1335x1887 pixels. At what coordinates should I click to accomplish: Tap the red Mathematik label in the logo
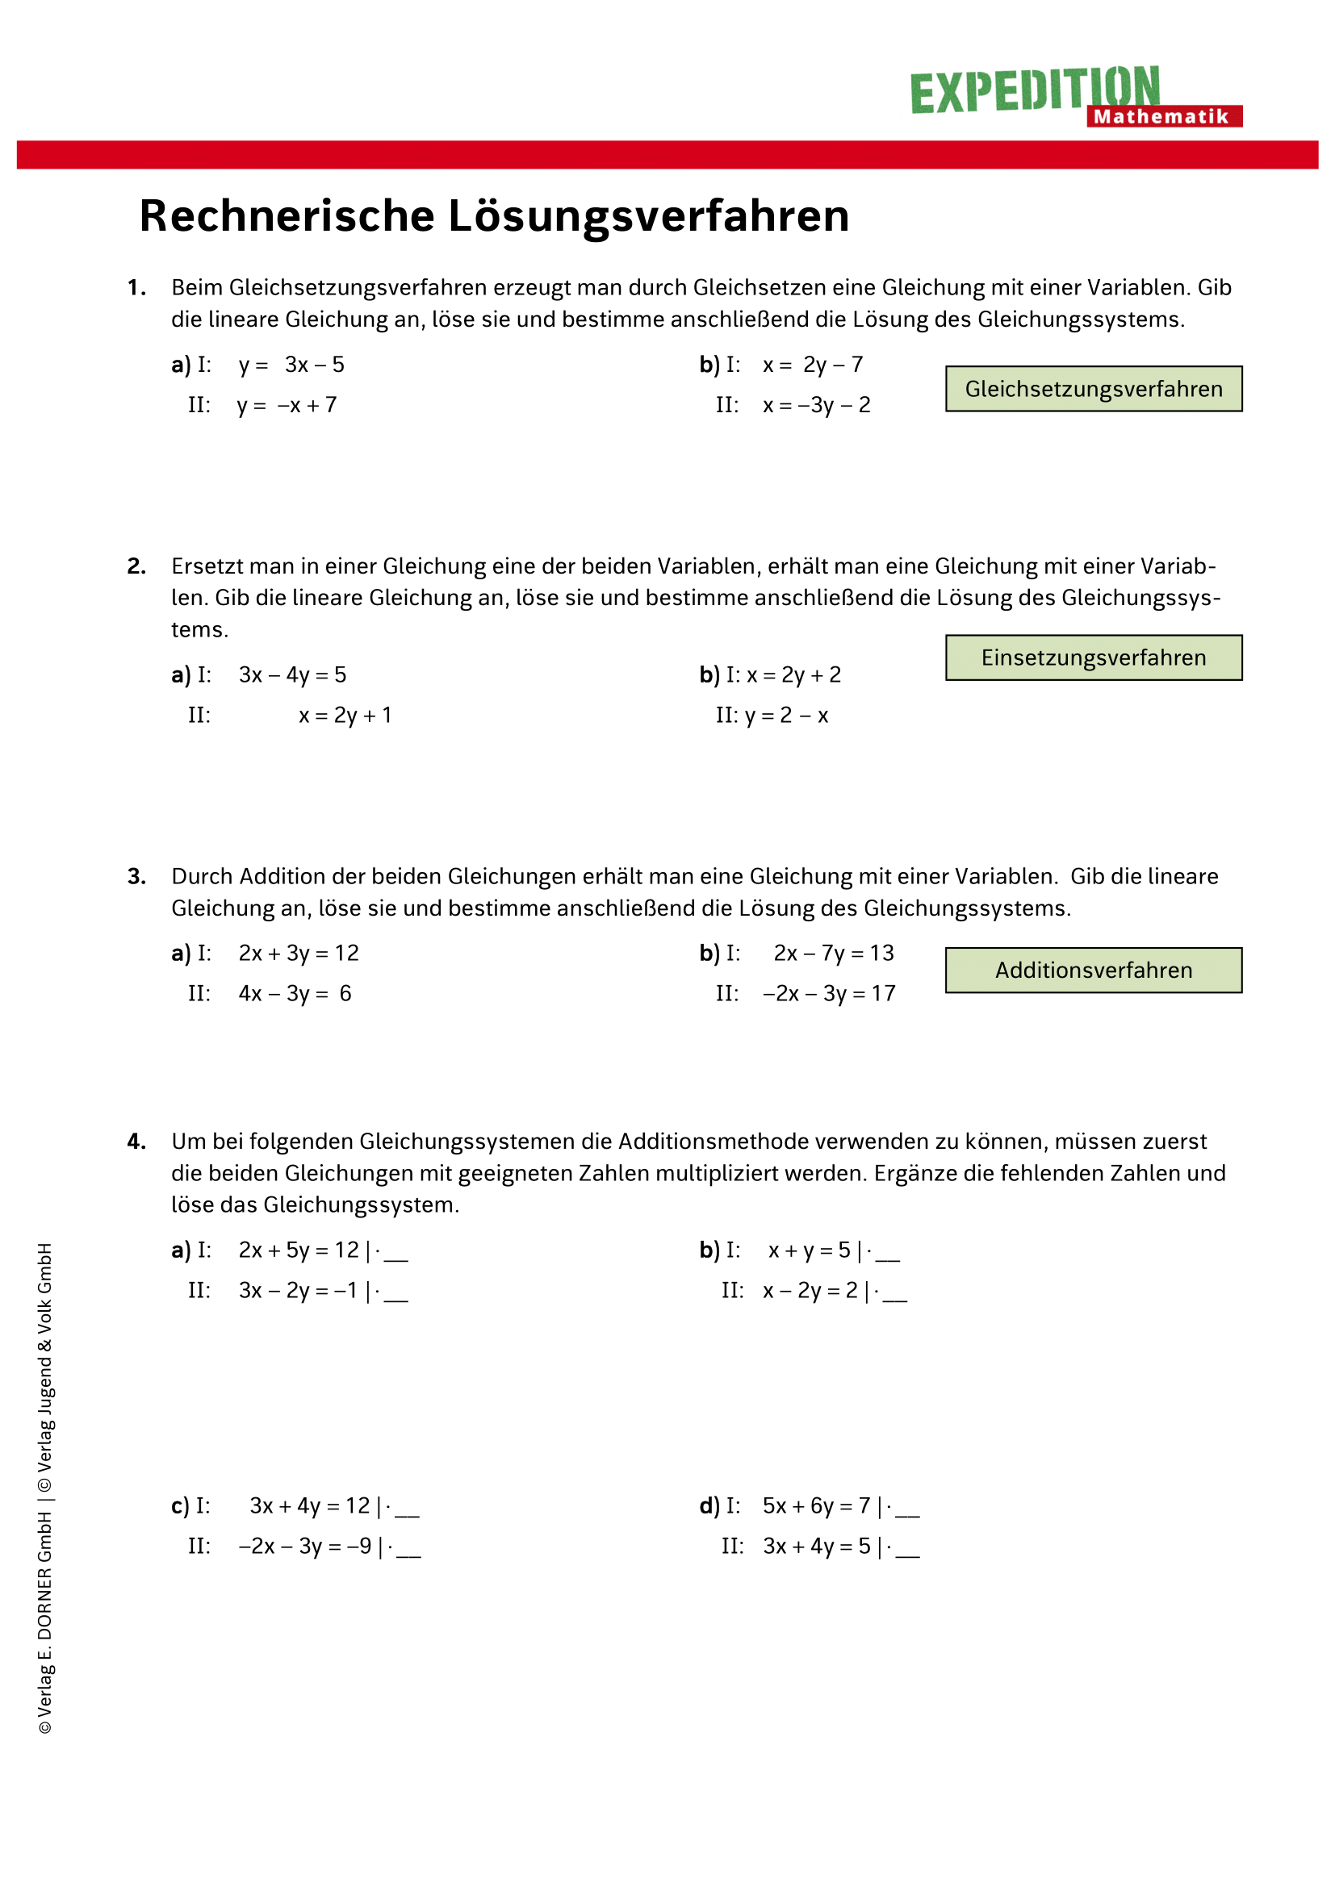[x=1163, y=117]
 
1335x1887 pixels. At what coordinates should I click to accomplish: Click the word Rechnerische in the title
[x=287, y=216]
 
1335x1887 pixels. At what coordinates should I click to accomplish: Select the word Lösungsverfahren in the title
[x=649, y=216]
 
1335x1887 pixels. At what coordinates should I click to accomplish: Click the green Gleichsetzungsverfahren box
[x=1094, y=389]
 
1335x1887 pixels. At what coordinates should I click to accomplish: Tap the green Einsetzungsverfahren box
[x=1094, y=658]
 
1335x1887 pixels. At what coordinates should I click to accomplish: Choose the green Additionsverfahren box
[x=1094, y=970]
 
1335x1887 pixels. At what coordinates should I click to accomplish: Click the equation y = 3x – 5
[x=292, y=365]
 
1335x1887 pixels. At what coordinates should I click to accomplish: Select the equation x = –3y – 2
[x=816, y=405]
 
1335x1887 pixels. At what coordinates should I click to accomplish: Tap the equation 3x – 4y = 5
[x=293, y=674]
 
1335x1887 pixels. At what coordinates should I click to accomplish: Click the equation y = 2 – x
[x=787, y=716]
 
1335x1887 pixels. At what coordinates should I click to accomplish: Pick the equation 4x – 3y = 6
[x=295, y=994]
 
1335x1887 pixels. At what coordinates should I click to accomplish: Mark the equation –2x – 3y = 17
[x=829, y=994]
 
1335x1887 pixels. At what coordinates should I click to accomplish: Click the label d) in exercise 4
[x=709, y=1505]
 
